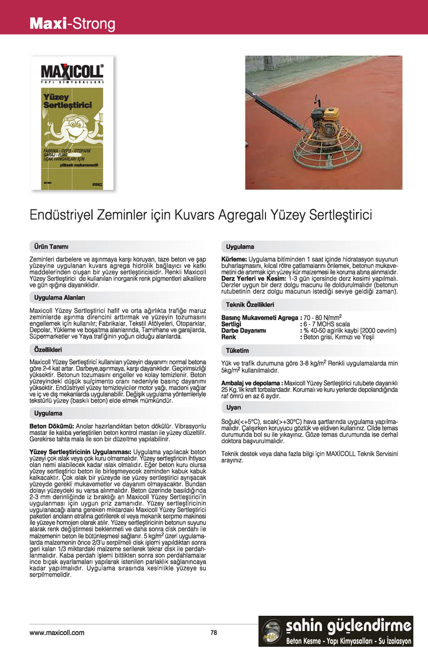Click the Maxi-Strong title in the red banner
pyautogui.click(x=73, y=24)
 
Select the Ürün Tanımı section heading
pyautogui.click(x=51, y=246)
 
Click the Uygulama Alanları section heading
pyautogui.click(x=60, y=297)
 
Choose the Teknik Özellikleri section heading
pyautogui.click(x=250, y=304)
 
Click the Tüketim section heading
pyautogui.click(x=237, y=351)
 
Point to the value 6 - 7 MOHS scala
pyautogui.click(x=327, y=324)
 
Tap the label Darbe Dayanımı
pyautogui.click(x=244, y=331)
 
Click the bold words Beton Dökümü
pyautogui.click(x=51, y=426)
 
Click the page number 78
pyautogui.click(x=214, y=632)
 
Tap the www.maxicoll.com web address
pyautogui.click(x=57, y=632)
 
